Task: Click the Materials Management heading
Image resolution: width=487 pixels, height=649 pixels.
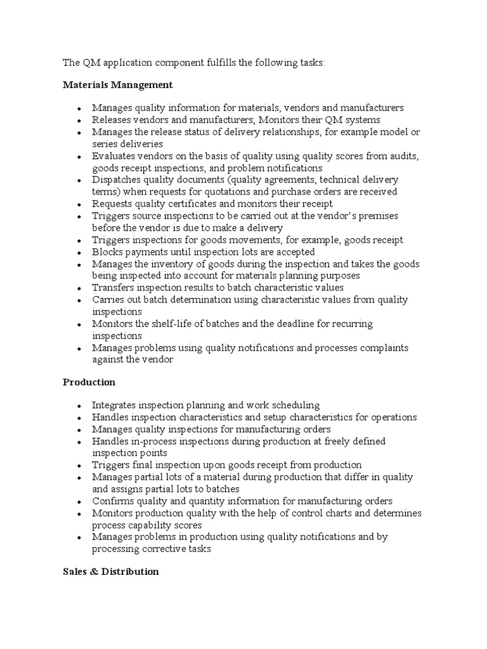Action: [117, 84]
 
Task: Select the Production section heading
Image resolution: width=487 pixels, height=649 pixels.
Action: [89, 382]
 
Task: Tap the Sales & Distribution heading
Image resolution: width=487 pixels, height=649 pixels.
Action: [110, 572]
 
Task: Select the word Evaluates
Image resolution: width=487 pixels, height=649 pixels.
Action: [114, 156]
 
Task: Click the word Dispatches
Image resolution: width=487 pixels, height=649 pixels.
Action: [116, 180]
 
